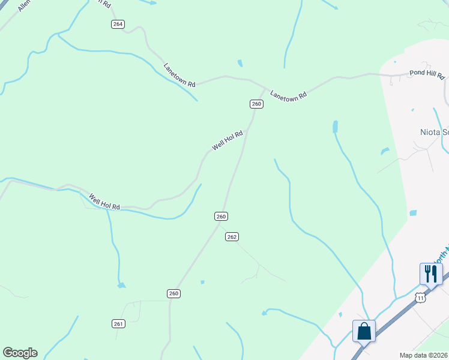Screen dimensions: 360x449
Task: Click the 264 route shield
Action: point(118,24)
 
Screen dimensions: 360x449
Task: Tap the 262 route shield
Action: point(232,237)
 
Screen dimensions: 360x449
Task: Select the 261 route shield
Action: point(118,324)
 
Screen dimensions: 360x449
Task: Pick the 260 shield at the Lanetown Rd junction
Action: point(256,104)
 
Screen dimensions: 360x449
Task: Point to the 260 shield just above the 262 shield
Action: point(221,216)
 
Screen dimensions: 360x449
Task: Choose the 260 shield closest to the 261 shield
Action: point(173,293)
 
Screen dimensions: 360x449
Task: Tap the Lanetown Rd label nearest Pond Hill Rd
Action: point(288,94)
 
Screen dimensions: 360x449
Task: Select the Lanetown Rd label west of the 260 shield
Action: point(180,76)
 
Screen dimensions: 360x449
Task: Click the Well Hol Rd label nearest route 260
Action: point(228,141)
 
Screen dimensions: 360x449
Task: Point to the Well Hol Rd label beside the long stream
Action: point(104,202)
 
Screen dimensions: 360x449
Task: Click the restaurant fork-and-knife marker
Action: point(431,274)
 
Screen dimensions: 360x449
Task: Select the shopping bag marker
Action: point(364,331)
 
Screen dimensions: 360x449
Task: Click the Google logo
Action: point(20,353)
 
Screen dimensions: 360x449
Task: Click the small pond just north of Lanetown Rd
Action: point(240,63)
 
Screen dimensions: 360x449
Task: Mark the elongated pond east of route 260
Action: point(335,127)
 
